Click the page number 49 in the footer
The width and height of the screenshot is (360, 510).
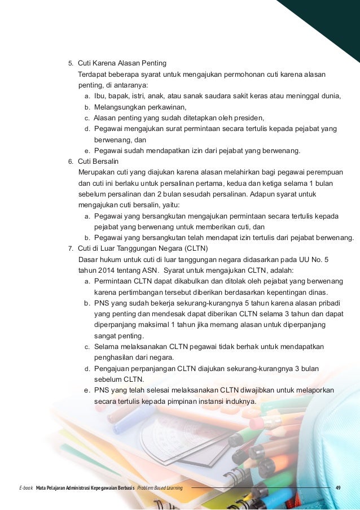click(x=337, y=487)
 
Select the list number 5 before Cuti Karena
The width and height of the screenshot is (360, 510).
click(x=71, y=63)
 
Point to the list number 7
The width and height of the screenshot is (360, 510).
click(x=71, y=249)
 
